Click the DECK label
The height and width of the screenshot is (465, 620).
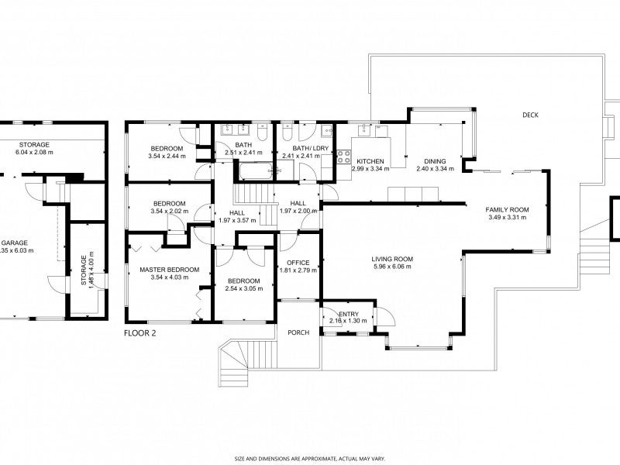[530, 115]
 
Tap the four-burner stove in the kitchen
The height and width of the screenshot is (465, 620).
[344, 157]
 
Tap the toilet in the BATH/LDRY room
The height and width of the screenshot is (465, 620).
[288, 134]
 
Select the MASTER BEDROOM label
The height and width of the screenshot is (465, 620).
[169, 270]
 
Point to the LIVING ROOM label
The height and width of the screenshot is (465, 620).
[391, 259]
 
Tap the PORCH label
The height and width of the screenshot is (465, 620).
[298, 332]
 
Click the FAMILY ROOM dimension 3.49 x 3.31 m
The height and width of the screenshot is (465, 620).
[507, 218]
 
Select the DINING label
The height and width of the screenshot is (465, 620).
[435, 161]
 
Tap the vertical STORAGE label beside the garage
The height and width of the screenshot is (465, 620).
[84, 270]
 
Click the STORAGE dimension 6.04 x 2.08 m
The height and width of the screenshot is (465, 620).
[35, 153]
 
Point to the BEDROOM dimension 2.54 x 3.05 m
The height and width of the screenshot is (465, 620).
[243, 288]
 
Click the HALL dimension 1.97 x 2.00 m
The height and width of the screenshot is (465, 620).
[298, 211]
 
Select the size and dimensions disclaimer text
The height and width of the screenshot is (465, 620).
[309, 458]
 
